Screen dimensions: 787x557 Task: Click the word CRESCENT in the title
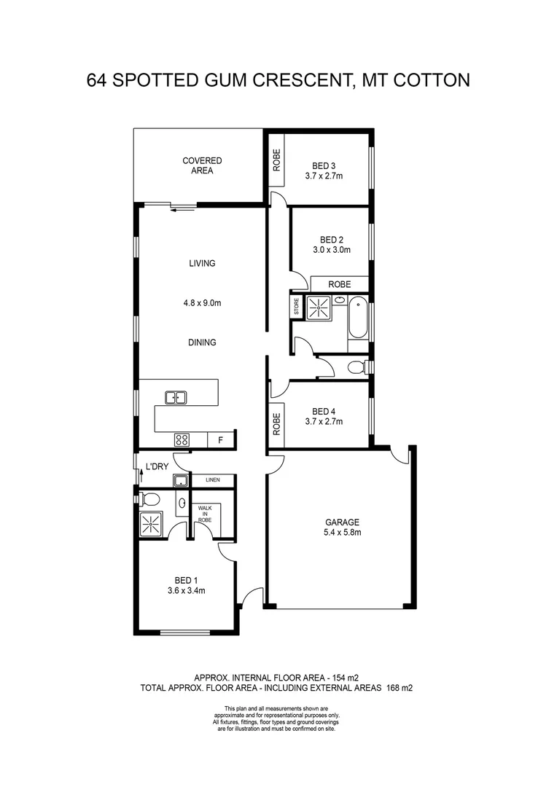pos(290,79)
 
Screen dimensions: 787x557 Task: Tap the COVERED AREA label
pos(202,165)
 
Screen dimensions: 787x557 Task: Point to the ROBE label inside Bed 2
pos(339,284)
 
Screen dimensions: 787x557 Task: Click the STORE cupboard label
pos(297,307)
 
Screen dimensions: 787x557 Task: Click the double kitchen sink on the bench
pos(176,397)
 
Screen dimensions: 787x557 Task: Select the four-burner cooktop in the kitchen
pos(182,439)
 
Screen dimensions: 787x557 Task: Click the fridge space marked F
pos(220,440)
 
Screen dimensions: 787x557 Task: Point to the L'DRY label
pos(157,466)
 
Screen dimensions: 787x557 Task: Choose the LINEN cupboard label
pos(213,480)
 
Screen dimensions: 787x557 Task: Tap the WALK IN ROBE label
pos(205,514)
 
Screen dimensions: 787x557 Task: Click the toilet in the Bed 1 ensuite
pos(151,500)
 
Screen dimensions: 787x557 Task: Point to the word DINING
pos(202,342)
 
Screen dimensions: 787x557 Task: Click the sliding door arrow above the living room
pos(182,209)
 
